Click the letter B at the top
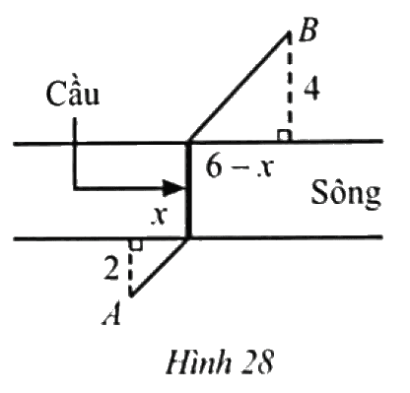pos(307,30)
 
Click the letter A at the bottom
pos(111,313)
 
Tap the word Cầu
pos(73,93)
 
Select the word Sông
pos(346,194)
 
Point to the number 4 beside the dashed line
pos(310,90)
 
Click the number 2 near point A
pos(111,269)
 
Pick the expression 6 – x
pos(239,166)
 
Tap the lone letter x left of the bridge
pos(160,216)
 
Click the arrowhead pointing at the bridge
pos(174,188)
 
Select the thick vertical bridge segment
pos(188,190)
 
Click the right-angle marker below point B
pos(285,136)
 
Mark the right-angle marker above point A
pos(136,245)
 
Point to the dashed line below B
pos(289,86)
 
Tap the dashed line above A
pos(131,268)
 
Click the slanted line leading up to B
pos(239,87)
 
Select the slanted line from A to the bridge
pos(160,267)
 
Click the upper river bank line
pos(198,142)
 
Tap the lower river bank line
pos(198,237)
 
